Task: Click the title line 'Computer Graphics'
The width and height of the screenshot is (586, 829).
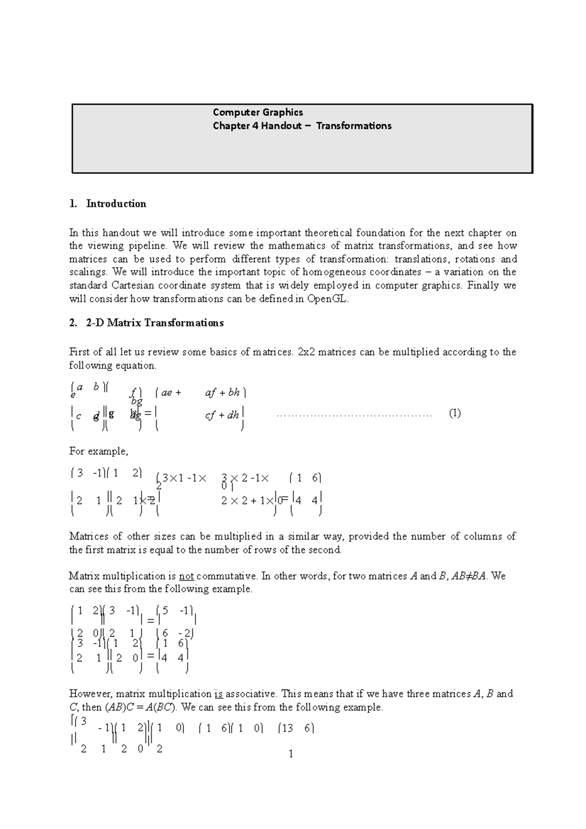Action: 258,112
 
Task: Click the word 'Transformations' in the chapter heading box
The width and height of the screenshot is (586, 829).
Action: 354,126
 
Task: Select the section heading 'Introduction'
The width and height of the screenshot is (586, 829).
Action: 116,204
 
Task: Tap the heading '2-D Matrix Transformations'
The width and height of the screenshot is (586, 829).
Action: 155,323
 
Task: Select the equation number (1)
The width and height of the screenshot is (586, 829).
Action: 454,414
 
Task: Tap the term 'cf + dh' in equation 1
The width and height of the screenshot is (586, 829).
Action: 222,415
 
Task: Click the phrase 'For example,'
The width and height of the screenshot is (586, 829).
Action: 99,452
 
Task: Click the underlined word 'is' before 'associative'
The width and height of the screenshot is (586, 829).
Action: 219,694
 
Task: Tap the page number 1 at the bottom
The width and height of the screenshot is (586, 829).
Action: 291,754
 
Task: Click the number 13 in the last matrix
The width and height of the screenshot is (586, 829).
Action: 287,728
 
